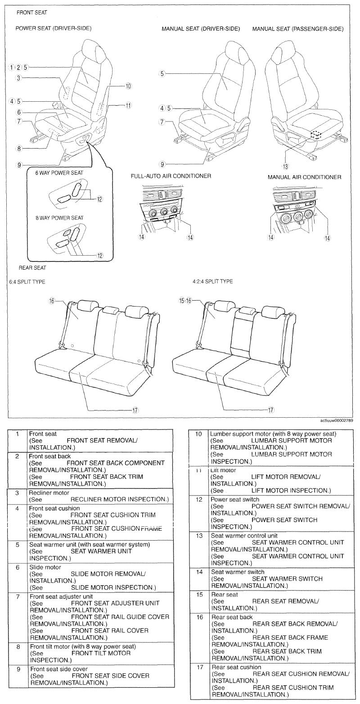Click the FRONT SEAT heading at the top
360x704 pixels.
[32, 13]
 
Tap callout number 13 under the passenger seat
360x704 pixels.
[285, 166]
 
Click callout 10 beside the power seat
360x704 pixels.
[128, 86]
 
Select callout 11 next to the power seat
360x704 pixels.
[128, 106]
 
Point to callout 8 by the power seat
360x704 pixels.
[19, 149]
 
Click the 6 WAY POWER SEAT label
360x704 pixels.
[59, 173]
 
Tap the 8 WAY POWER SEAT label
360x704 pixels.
[59, 218]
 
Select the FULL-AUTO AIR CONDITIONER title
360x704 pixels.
[171, 176]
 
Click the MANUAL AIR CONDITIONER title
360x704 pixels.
[304, 177]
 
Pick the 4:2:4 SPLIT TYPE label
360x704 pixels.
[213, 281]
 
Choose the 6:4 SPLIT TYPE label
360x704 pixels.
[27, 282]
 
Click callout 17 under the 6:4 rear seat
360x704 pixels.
[135, 410]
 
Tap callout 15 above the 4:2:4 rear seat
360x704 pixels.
[181, 300]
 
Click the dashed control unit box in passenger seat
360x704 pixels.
[316, 135]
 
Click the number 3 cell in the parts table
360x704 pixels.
[17, 493]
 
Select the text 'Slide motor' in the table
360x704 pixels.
[45, 567]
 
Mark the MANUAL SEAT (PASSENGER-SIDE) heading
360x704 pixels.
[298, 29]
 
